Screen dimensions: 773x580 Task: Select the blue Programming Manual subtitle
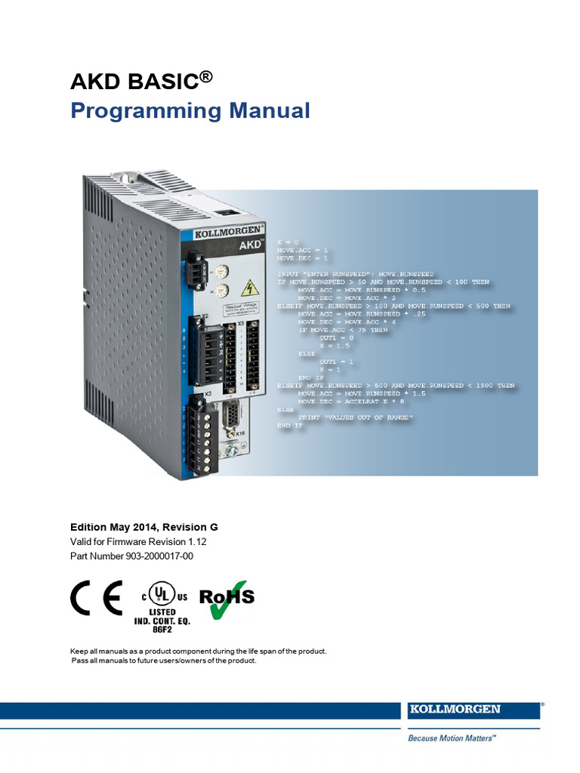coord(190,111)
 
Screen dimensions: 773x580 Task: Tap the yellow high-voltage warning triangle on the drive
coord(247,288)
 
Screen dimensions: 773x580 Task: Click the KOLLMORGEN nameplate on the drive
coord(222,231)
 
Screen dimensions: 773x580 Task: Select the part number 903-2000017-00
coord(161,556)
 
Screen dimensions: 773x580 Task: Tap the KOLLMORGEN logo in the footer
coord(465,710)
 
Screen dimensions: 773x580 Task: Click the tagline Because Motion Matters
coord(452,739)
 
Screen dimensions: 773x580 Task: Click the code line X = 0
coord(288,241)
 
